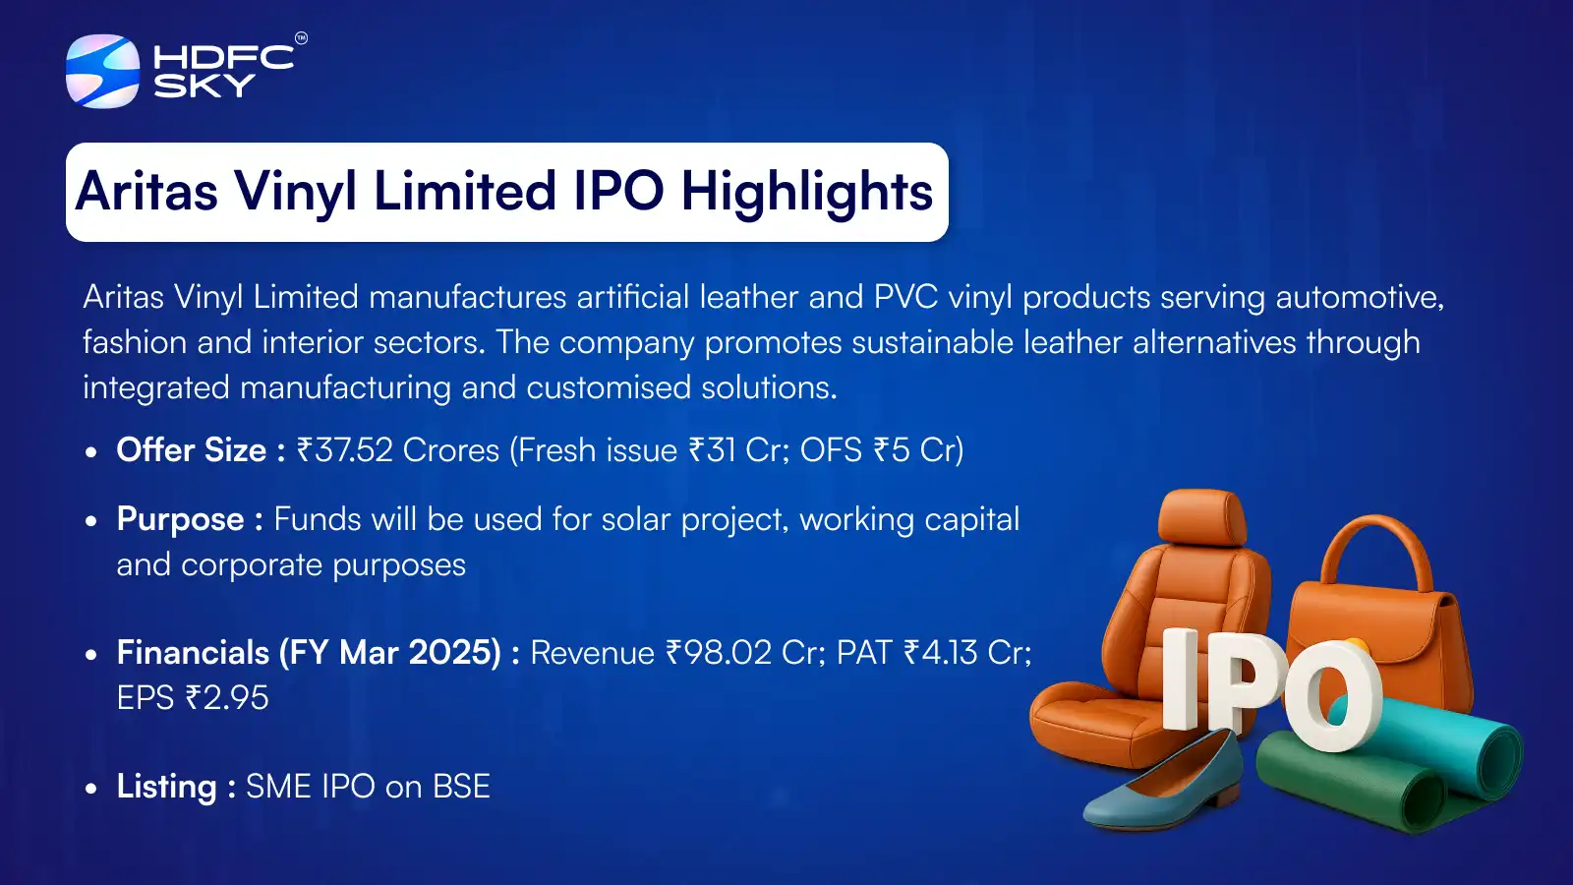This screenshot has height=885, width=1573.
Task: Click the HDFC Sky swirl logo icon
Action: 102,71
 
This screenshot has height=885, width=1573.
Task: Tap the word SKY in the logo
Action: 204,87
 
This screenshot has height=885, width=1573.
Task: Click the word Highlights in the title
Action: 806,192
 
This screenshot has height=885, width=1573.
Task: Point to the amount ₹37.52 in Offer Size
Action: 345,450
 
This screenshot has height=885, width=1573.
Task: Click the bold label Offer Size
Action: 192,450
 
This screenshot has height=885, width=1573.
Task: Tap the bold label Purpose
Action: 180,519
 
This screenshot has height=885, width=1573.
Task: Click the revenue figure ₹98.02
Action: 719,653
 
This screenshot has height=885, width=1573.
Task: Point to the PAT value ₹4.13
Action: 941,653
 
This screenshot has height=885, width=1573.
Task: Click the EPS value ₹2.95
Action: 227,698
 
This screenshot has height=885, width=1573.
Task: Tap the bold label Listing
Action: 166,787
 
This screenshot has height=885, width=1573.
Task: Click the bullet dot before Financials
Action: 91,655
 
